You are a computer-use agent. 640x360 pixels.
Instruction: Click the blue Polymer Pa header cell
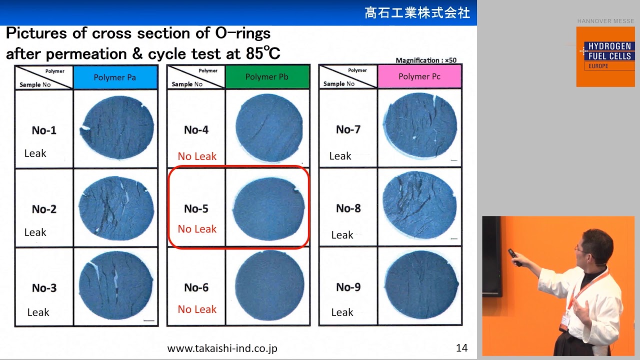pos(115,77)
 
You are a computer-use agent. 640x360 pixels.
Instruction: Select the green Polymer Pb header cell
pos(267,77)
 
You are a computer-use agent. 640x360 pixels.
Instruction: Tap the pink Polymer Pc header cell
pos(419,76)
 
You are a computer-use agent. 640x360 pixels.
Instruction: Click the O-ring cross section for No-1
pos(117,128)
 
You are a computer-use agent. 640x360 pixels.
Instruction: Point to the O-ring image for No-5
pos(269,208)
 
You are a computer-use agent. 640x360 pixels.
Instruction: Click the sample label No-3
pos(44,288)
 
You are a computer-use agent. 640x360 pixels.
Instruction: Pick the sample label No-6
pos(196,287)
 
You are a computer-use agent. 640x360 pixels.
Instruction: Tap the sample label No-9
pos(348,287)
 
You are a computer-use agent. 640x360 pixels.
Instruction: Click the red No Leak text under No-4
pos(197,156)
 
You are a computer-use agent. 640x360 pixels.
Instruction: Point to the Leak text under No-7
pos(340,156)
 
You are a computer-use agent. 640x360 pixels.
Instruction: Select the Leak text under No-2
pos(35,232)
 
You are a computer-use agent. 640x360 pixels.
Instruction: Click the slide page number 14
pos(461,348)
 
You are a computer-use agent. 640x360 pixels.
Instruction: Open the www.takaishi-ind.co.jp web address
pos(222,348)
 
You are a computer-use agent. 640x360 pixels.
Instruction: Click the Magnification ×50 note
pos(425,60)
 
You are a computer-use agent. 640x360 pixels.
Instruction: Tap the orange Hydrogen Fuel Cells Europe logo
pos(605,56)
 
